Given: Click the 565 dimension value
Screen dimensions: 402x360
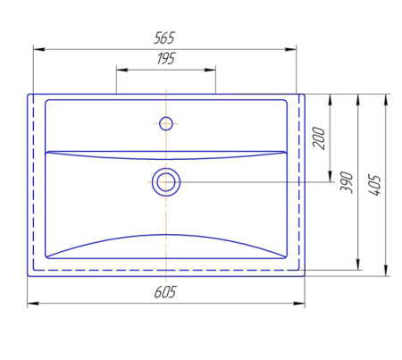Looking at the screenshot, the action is pos(164,38).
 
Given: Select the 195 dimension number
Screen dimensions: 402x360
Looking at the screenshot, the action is pos(166,58).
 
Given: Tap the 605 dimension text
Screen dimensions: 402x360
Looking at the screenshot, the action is pos(165,292).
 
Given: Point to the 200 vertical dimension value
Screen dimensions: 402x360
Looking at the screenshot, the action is pos(319,138).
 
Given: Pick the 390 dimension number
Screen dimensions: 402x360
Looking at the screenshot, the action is pos(347,182).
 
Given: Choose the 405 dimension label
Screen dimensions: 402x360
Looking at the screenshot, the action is pos(374,185).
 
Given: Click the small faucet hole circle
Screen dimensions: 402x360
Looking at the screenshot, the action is pos(166,123).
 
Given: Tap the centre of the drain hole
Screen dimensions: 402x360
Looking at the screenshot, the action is pos(166,182).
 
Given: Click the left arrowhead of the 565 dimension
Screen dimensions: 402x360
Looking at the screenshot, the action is pos(39,49).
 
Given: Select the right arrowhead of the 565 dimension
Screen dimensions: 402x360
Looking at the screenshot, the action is pos(290,49).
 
